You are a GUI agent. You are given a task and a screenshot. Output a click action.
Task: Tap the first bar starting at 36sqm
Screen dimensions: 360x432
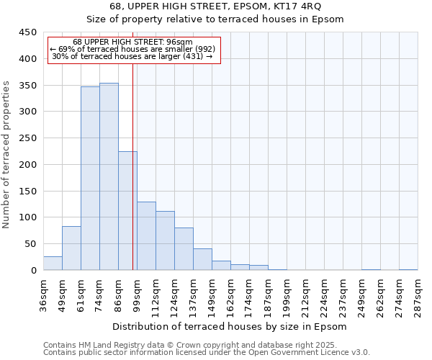[x=53, y=264]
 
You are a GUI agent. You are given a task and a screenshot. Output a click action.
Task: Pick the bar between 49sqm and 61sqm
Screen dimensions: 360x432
[x=71, y=248]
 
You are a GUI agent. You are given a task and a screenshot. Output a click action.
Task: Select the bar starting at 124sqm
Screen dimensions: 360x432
[x=184, y=249]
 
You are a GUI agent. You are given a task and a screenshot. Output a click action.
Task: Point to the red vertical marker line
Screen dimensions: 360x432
[x=132, y=180]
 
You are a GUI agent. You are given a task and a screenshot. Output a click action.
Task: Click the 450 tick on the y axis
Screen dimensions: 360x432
[x=28, y=32]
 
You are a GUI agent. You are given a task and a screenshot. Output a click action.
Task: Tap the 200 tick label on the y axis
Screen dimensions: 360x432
[x=28, y=165]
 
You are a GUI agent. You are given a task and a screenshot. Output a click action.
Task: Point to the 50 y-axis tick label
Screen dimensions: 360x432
[x=31, y=244]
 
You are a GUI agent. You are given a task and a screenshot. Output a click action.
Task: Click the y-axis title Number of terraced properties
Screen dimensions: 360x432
[x=6, y=155]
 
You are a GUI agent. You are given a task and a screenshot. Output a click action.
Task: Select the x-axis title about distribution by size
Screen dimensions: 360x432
[x=230, y=327]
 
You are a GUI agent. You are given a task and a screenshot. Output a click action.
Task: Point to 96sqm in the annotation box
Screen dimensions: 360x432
[x=179, y=42]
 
